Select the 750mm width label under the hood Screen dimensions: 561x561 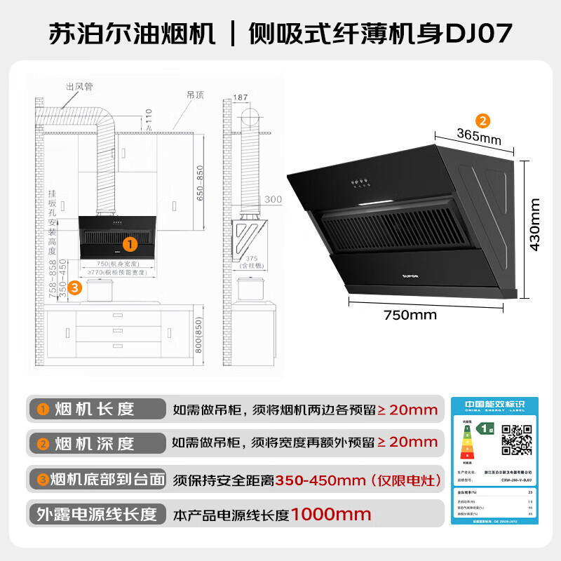coord(410,315)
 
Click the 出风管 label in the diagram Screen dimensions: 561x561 coord(79,86)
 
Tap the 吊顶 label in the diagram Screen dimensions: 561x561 coord(195,94)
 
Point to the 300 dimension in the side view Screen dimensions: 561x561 coord(273,200)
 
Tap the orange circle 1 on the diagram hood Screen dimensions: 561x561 coord(129,243)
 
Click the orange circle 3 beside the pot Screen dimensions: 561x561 coord(75,287)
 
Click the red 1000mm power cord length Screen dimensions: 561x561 coord(331,514)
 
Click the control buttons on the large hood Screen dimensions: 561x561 coord(361,184)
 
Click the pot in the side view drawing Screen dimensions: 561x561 coord(250,289)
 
